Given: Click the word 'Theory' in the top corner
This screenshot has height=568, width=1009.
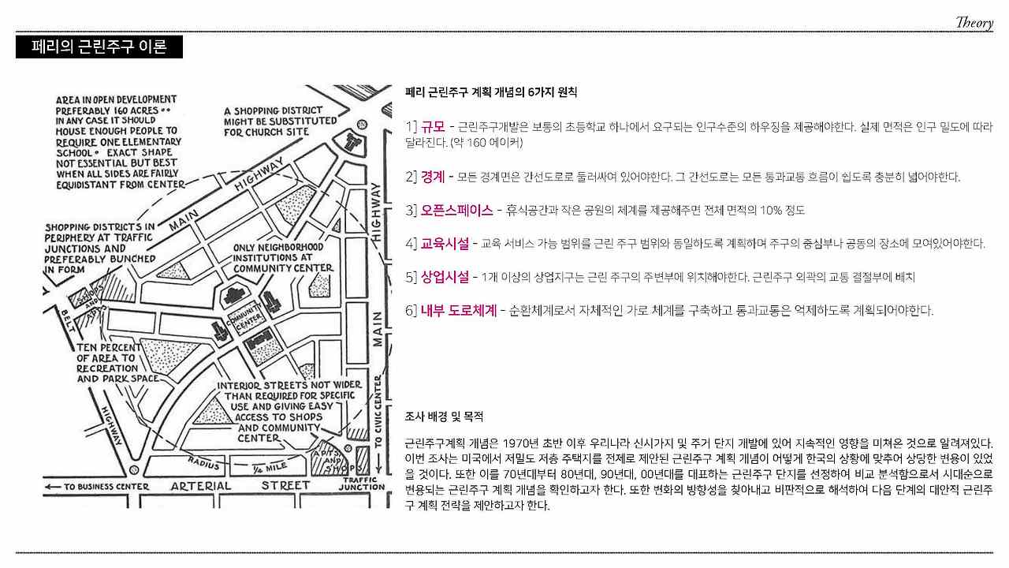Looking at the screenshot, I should [x=974, y=23].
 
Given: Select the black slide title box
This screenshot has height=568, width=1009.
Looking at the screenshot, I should [x=99, y=47].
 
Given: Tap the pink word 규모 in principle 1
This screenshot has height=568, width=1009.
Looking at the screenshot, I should [x=433, y=127].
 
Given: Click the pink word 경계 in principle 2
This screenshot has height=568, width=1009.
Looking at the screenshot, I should [x=433, y=177].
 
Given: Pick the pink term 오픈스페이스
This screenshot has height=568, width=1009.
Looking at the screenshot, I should [x=457, y=211].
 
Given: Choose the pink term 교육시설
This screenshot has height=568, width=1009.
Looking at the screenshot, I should [x=445, y=243].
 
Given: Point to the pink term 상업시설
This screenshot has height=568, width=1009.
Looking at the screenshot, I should [x=445, y=277].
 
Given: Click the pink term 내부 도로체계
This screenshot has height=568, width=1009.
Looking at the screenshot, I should [x=459, y=311].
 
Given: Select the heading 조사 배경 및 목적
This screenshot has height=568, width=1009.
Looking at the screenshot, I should [x=444, y=416].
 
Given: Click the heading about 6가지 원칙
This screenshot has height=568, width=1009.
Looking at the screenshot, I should [x=491, y=93].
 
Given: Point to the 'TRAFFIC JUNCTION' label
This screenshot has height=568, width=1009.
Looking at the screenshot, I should [x=362, y=484].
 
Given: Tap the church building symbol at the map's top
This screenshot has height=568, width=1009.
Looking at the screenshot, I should [x=352, y=142].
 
